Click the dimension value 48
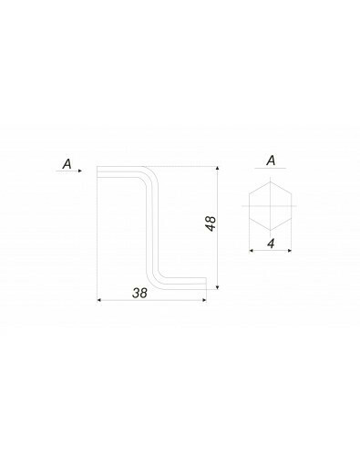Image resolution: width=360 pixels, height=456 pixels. click(211, 223)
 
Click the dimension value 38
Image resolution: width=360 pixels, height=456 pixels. click(139, 293)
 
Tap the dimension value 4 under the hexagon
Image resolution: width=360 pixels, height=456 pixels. click(271, 244)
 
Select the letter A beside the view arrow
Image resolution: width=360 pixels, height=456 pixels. click(67, 164)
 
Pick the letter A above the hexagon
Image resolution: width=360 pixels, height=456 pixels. click(271, 161)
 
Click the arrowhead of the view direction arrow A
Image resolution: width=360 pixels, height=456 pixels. click(80, 171)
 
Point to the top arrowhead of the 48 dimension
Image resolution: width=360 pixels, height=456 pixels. click(217, 169)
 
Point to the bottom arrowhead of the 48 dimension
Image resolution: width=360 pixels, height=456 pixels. click(217, 287)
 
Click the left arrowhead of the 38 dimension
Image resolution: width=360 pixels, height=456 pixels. click(98, 300)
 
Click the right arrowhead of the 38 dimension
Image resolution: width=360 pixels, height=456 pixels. click(204, 300)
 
